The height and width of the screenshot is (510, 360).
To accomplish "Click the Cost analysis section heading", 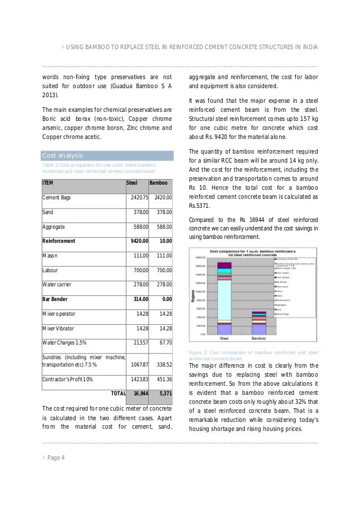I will (x=63, y=155).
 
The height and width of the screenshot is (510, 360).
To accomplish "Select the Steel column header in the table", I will (x=131, y=183).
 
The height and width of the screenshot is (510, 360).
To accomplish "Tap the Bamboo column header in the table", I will (x=158, y=183).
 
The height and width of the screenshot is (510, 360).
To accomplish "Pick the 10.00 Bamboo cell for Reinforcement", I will (x=165, y=241).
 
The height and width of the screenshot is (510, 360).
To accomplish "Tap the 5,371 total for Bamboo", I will (x=164, y=393).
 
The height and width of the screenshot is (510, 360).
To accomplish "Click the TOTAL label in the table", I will (x=118, y=393).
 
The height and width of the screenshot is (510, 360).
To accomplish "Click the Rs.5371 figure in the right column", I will (x=198, y=206).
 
